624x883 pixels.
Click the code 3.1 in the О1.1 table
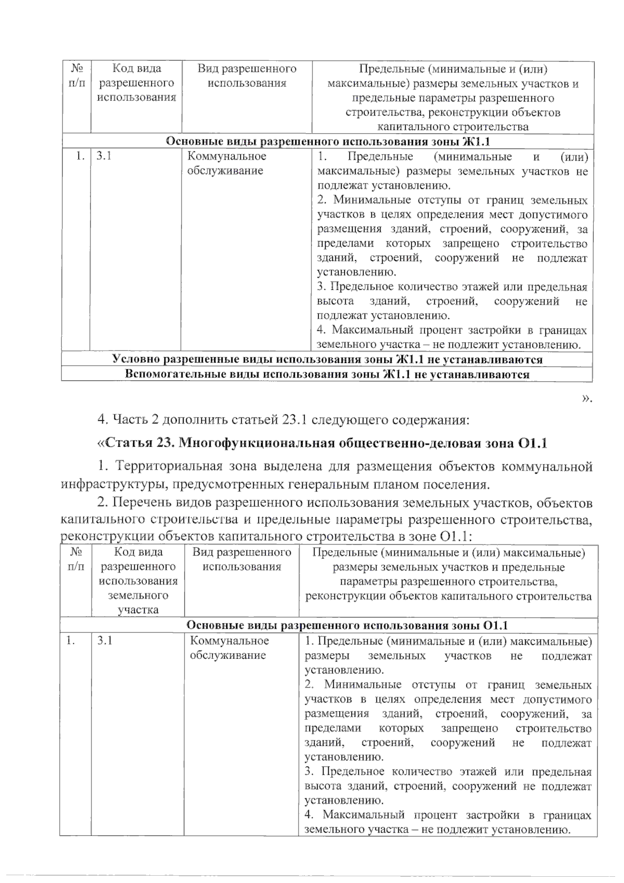pyautogui.click(x=105, y=641)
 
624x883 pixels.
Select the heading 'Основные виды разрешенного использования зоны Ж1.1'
pyautogui.click(x=328, y=142)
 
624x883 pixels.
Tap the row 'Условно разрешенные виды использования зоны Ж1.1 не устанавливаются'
pyautogui.click(x=328, y=359)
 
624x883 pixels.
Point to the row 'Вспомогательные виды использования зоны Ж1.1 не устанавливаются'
pyautogui.click(x=328, y=374)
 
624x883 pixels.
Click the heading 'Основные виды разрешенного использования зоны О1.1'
pyautogui.click(x=347, y=626)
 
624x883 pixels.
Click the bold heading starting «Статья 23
pyautogui.click(x=322, y=443)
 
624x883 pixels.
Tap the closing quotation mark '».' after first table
pyautogui.click(x=587, y=398)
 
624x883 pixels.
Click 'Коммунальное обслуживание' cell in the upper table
pyautogui.click(x=227, y=163)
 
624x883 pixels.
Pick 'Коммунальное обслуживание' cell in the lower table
pyautogui.click(x=229, y=648)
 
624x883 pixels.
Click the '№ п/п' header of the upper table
pyautogui.click(x=77, y=76)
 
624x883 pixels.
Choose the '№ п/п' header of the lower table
pyautogui.click(x=76, y=560)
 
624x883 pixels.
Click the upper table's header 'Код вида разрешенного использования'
pyautogui.click(x=137, y=83)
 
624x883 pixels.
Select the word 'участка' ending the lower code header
pyautogui.click(x=138, y=610)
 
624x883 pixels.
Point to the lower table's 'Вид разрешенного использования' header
pyautogui.click(x=242, y=560)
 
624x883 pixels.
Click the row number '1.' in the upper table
pyautogui.click(x=79, y=156)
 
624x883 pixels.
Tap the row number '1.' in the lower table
pyautogui.click(x=70, y=641)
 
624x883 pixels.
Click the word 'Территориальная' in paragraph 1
pyautogui.click(x=160, y=466)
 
